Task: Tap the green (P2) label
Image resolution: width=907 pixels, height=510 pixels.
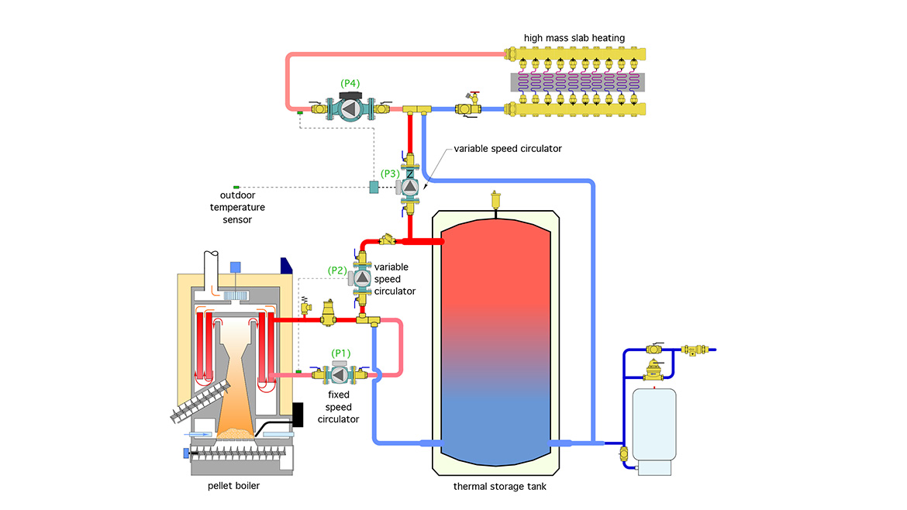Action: [x=336, y=270]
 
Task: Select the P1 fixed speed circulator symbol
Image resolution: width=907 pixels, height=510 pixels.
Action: [x=339, y=374]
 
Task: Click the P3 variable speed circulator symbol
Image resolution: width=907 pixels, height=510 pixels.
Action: [x=409, y=187]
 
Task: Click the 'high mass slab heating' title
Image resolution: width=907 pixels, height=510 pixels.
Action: [x=574, y=38]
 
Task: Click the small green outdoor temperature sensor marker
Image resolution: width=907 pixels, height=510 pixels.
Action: [x=236, y=187]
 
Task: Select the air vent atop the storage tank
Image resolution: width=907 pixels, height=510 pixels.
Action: [x=495, y=200]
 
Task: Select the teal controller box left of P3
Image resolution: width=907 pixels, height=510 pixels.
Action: [x=374, y=187]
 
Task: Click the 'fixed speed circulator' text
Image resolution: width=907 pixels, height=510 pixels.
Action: [x=339, y=407]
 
